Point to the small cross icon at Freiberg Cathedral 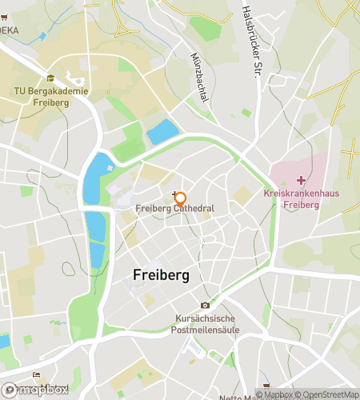click(175, 192)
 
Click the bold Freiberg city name click(160, 275)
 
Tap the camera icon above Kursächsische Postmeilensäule click(205, 305)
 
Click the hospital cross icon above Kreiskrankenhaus click(300, 181)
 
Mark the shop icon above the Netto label click(266, 383)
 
